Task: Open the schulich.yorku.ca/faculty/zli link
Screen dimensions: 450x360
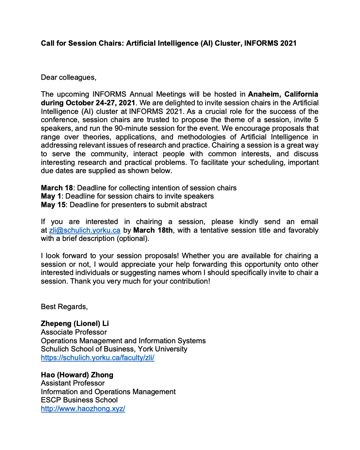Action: pyautogui.click(x=97, y=358)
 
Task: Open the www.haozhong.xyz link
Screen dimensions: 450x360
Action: pyautogui.click(x=83, y=409)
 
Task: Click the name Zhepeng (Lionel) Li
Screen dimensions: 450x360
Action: pyautogui.click(x=75, y=323)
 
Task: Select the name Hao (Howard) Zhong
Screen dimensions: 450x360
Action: pyautogui.click(x=77, y=375)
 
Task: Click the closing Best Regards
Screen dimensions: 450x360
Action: pyautogui.click(x=64, y=307)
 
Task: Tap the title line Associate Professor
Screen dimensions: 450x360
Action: pyautogui.click(x=74, y=332)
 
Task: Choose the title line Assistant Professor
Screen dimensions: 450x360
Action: pyautogui.click(x=73, y=383)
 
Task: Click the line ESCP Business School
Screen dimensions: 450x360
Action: pyautogui.click(x=79, y=400)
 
